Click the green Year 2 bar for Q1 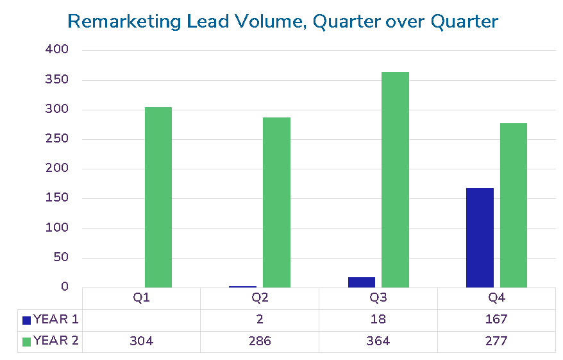coord(158,197)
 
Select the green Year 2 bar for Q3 coord(395,180)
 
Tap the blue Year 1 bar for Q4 coord(480,237)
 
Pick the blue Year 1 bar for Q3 coord(362,282)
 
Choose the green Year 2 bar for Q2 coord(276,202)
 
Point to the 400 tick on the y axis coord(56,49)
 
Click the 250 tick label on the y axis coord(56,139)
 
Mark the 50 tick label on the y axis coord(60,258)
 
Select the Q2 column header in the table coord(260,298)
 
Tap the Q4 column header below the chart coord(496,298)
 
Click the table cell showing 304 coord(142,341)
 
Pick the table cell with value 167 coord(496,319)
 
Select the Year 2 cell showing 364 coord(378,341)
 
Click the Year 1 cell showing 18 coord(378,319)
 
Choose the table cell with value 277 coord(496,341)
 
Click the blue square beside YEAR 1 coord(26,320)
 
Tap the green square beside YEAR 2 coord(26,341)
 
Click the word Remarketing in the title coord(124,21)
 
